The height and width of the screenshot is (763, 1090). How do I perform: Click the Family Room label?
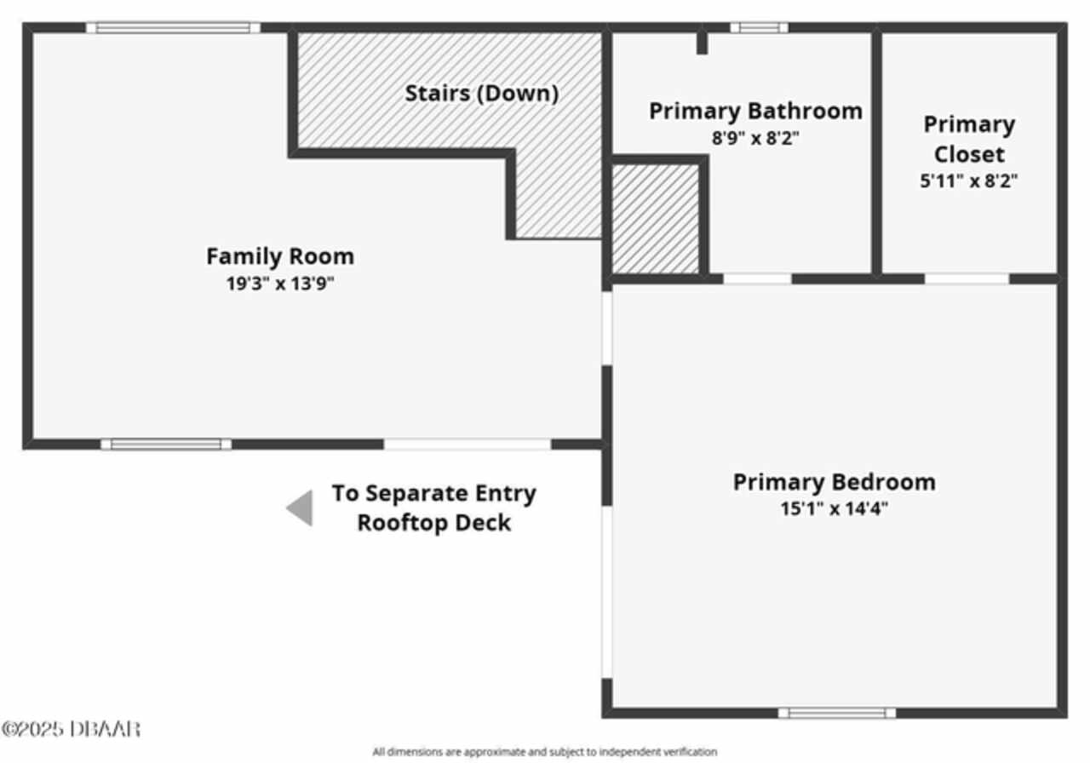click(280, 256)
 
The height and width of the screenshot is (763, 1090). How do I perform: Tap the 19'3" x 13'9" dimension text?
click(280, 284)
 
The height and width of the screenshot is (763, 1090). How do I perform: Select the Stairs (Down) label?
click(482, 94)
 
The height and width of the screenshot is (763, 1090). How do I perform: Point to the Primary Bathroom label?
click(755, 112)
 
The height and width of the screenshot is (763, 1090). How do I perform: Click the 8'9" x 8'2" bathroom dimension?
click(755, 138)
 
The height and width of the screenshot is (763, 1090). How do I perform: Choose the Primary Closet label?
click(969, 139)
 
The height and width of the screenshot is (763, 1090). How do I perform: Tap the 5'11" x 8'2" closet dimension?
click(968, 181)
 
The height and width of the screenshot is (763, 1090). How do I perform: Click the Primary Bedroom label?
click(834, 482)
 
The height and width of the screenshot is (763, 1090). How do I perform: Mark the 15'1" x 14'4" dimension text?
click(834, 509)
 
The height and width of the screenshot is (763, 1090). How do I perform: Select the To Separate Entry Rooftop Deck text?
click(434, 508)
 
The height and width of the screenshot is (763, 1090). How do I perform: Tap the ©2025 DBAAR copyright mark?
click(71, 729)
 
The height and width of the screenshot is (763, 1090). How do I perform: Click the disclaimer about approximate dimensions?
click(545, 752)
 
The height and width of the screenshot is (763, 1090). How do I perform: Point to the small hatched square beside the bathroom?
click(656, 219)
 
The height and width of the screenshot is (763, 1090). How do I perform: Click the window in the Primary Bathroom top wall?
click(759, 28)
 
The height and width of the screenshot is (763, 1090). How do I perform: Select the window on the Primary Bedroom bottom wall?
click(837, 714)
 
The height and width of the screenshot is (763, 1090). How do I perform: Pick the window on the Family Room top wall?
click(173, 28)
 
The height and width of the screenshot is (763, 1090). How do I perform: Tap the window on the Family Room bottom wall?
click(166, 445)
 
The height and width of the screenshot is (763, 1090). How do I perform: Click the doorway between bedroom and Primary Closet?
click(967, 279)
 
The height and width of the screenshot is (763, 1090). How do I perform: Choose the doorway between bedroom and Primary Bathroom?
click(758, 279)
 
